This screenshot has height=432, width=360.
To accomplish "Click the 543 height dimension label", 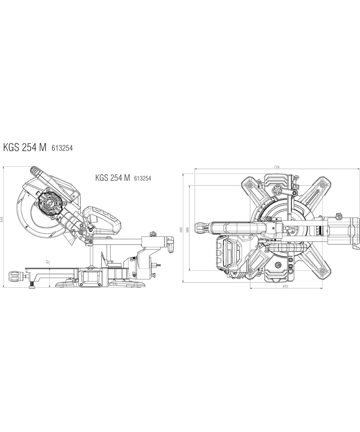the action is (2, 220).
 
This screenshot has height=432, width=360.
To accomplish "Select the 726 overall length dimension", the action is (277, 167).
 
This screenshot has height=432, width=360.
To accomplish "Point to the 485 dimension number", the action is (181, 229).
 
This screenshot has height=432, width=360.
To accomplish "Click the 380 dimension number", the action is (188, 229).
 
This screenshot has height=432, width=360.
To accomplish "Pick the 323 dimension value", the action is (285, 286).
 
